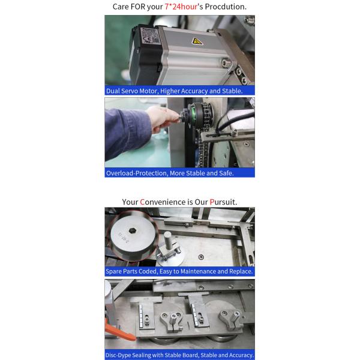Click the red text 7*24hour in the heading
pos(181,7)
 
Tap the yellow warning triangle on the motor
pos(197,41)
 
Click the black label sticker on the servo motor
pos(149,36)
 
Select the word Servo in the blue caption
pos(130,91)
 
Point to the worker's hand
pos(163,119)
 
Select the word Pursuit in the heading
pos(223,202)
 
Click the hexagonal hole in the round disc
pos(132,230)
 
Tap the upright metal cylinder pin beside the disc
pos(168,241)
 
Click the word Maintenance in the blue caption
pos(198,271)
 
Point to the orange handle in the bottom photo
pos(119,330)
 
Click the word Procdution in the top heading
pos(226,7)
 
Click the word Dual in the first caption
pos(113,91)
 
